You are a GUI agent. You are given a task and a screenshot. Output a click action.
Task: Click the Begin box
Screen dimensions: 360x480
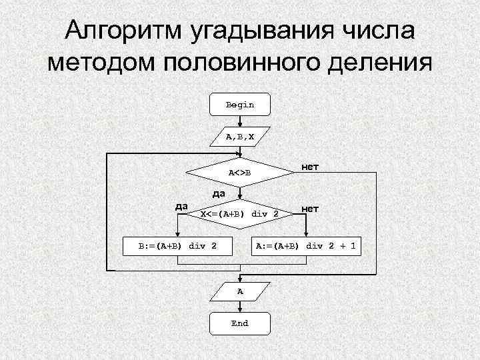(239, 105)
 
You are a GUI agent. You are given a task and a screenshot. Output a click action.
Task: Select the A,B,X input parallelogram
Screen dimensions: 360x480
(239, 137)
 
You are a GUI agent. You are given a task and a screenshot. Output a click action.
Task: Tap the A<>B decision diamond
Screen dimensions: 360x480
(239, 174)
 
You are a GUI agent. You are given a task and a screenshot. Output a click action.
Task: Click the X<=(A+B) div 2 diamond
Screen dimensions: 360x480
(239, 214)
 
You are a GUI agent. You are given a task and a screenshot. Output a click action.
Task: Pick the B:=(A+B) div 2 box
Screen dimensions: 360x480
(177, 246)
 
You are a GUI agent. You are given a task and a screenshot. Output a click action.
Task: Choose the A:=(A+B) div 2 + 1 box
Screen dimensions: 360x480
(306, 246)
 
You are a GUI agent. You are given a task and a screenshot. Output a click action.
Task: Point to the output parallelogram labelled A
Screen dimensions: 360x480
(239, 291)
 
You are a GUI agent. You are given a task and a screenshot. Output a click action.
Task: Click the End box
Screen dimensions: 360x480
(239, 323)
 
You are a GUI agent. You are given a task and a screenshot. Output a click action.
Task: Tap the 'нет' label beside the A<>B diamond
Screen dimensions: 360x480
(310, 166)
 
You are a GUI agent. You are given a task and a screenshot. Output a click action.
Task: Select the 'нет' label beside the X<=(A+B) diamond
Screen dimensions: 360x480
(310, 209)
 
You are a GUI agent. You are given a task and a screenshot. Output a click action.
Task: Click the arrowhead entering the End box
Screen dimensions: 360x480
(239, 311)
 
